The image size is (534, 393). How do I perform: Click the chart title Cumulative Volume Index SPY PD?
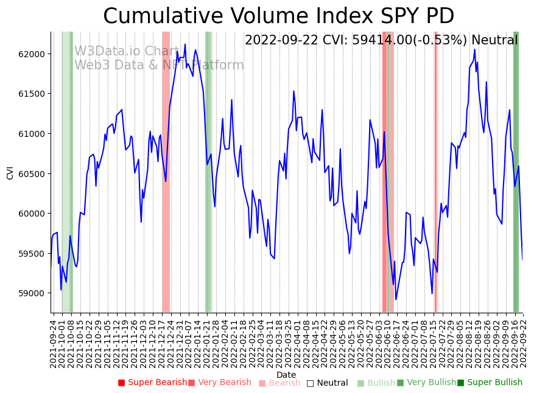point(278,16)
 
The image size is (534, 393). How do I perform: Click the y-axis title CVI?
point(10,173)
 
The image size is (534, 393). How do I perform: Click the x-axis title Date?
point(286,375)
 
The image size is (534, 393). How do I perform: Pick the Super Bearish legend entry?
point(152,383)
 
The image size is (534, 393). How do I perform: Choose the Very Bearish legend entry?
point(219,383)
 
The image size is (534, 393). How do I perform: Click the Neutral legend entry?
point(327,383)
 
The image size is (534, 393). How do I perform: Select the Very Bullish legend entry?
point(426,383)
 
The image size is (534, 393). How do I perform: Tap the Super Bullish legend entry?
point(490,383)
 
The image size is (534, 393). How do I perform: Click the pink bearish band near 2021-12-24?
point(166,183)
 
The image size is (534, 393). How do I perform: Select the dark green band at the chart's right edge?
point(516,183)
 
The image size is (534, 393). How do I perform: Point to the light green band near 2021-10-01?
point(66,183)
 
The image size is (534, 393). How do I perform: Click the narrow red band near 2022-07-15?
point(435,183)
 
